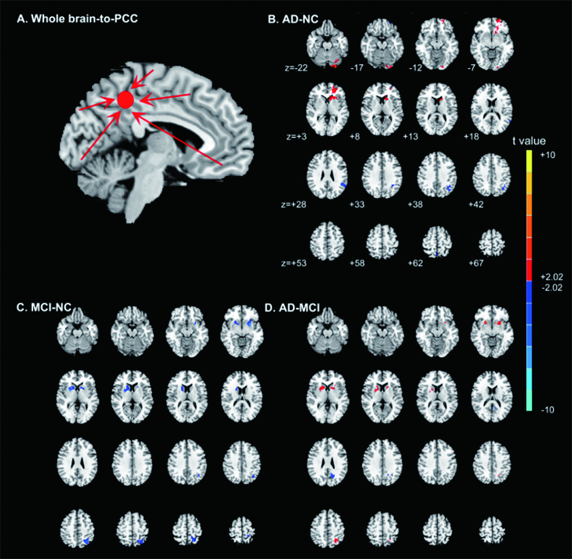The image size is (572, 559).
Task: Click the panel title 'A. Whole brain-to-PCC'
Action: tap(77, 19)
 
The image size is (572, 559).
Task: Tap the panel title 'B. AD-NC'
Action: tap(293, 19)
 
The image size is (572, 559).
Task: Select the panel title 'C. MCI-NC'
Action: tap(44, 307)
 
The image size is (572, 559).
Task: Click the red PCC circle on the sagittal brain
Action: tap(126, 100)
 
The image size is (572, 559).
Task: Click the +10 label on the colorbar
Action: tap(547, 155)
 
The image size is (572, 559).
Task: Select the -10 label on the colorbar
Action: tap(547, 410)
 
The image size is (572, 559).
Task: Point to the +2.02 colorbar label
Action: tap(552, 277)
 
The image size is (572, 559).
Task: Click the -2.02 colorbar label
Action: tap(552, 288)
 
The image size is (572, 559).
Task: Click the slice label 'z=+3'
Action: tap(296, 137)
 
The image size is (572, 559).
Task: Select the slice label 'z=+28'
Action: tap(293, 204)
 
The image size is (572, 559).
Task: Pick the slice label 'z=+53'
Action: tap(294, 263)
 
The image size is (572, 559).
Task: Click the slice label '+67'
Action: tap(476, 263)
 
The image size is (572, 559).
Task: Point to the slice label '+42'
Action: tap(476, 204)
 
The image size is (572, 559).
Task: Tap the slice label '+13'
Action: tap(411, 137)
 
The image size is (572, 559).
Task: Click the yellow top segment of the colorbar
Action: tap(529, 161)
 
